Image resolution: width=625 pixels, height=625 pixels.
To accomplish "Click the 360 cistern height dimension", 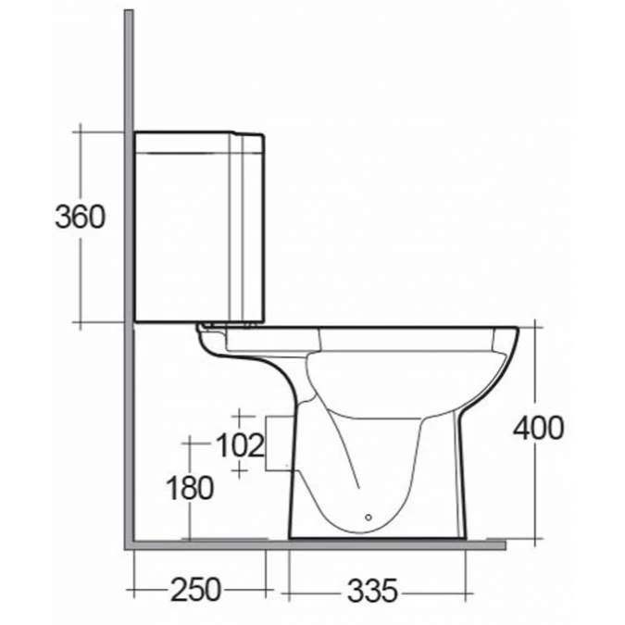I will [80, 219].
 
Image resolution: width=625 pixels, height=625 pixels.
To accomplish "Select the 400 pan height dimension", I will [539, 428].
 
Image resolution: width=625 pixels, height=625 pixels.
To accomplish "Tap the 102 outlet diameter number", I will [240, 445].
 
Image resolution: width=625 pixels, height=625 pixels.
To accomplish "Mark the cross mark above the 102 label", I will [240, 416].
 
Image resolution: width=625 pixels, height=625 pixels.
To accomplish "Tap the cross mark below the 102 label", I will [240, 471].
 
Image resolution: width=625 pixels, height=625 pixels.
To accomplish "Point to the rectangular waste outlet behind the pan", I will [278, 444].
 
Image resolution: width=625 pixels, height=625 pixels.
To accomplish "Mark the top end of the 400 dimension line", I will [539, 326].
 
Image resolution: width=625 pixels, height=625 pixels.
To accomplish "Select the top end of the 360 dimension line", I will [81, 131].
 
